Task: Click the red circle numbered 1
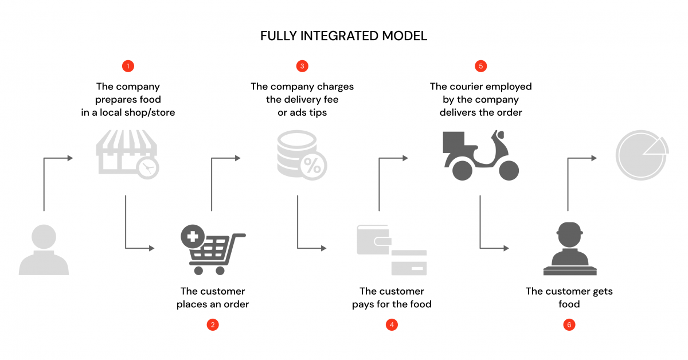click(x=128, y=66)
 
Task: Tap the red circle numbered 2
click(x=213, y=325)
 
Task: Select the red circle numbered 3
click(x=302, y=66)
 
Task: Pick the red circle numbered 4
click(x=392, y=325)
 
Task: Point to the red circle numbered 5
click(x=481, y=66)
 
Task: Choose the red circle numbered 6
click(x=569, y=325)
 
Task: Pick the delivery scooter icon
click(x=480, y=155)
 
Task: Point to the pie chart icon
click(x=641, y=154)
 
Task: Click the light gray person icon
click(x=44, y=249)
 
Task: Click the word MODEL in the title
click(x=405, y=36)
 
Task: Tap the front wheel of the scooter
click(x=508, y=170)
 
